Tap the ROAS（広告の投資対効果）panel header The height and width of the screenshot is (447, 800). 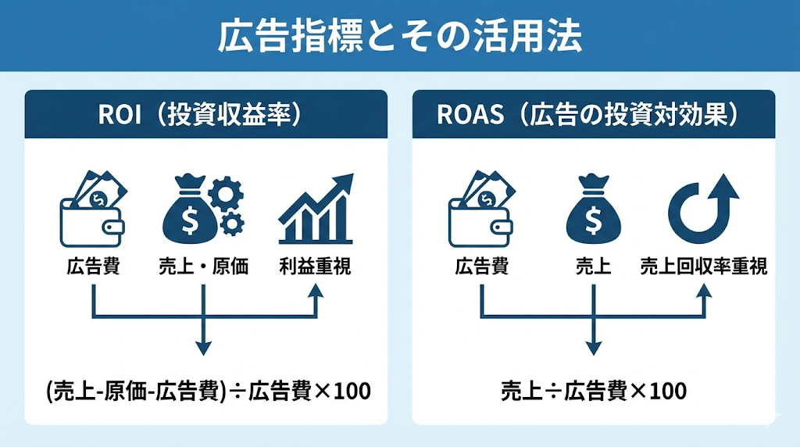tap(593, 115)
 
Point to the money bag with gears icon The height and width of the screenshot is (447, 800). tap(202, 208)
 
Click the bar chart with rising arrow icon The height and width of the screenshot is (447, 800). tap(315, 209)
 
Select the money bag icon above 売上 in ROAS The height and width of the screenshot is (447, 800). tap(593, 209)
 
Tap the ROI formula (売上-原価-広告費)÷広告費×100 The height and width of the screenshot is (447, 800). tap(207, 390)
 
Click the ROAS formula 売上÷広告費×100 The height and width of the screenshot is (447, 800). tap(593, 390)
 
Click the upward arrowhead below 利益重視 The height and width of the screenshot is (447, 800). tap(316, 290)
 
